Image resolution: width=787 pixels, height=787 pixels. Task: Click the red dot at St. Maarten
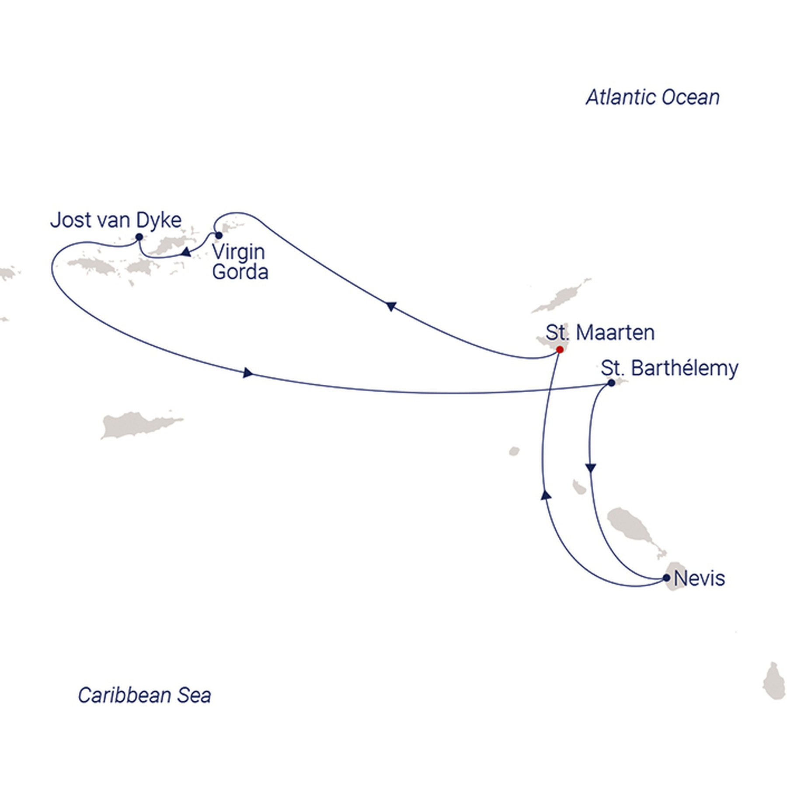coord(560,349)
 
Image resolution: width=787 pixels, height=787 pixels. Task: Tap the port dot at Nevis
coord(666,578)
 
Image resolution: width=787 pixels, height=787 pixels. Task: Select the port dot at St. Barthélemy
coord(612,383)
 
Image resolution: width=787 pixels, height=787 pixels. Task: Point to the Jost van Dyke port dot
coord(139,237)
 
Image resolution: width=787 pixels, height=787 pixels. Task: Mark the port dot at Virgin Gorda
coord(219,235)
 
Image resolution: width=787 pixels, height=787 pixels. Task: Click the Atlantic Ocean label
coord(652,97)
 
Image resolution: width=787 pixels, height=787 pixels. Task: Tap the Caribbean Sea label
coord(144,695)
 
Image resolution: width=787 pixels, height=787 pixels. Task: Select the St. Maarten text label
coord(600,333)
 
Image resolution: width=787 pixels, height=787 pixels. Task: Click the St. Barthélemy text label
coord(669,368)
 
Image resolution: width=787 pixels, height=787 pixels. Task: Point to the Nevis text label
coord(700,578)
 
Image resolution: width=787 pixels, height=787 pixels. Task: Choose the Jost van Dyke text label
coord(116,220)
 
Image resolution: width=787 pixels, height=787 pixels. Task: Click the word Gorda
coord(240,272)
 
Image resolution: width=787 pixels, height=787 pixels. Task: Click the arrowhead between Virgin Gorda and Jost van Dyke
coord(186,252)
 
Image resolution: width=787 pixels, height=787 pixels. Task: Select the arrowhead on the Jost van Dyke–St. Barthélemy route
coord(248,373)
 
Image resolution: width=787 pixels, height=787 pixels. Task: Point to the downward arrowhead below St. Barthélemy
coord(591,468)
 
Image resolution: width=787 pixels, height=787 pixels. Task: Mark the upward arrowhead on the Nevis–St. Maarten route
coord(546,494)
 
